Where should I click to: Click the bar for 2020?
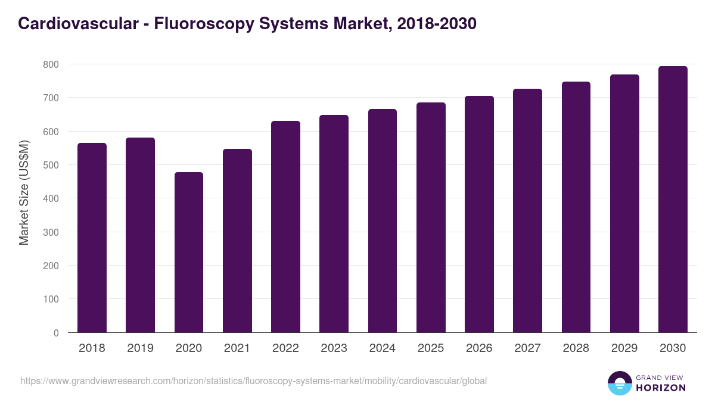pyautogui.click(x=189, y=253)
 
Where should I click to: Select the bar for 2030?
pyautogui.click(x=673, y=200)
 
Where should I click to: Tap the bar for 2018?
pyautogui.click(x=92, y=238)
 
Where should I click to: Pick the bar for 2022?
pyautogui.click(x=285, y=227)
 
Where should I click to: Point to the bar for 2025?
pyautogui.click(x=431, y=217)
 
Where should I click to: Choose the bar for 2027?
pyautogui.click(x=527, y=211)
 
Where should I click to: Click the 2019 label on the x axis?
pyautogui.click(x=140, y=348)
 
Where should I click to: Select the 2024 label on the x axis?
pyautogui.click(x=382, y=348)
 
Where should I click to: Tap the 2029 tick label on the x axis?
pyautogui.click(x=624, y=348)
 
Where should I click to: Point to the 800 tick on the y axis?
pyautogui.click(x=51, y=64)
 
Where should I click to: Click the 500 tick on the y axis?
pyautogui.click(x=51, y=165)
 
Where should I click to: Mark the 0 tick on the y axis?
pyautogui.click(x=56, y=333)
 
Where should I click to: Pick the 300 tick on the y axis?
pyautogui.click(x=51, y=232)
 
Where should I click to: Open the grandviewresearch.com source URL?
pyautogui.click(x=253, y=381)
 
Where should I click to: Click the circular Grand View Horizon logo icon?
pyautogui.click(x=619, y=383)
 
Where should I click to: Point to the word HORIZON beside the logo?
pyautogui.click(x=661, y=388)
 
